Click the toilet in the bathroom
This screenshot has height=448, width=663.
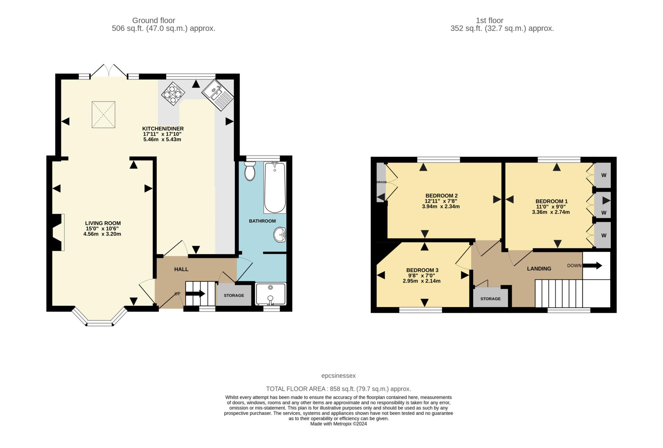tap(250, 171)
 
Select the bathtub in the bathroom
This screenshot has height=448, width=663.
tap(275, 188)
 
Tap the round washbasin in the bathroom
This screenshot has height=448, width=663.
tap(279, 235)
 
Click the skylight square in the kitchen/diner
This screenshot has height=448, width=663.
tap(103, 115)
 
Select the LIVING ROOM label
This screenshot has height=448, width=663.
tap(103, 223)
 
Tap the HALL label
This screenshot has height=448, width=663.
tap(181, 269)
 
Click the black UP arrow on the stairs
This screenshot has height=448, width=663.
tap(195, 294)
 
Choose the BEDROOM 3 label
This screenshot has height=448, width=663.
tap(422, 270)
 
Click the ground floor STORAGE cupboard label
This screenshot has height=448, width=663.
tap(234, 295)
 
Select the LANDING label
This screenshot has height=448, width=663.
tap(539, 268)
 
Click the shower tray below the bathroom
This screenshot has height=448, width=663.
tap(271, 294)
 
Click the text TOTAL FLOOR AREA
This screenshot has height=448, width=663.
tap(296, 389)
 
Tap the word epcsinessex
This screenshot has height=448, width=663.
tap(338, 376)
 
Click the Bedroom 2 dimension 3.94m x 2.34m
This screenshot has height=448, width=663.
tap(441, 206)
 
